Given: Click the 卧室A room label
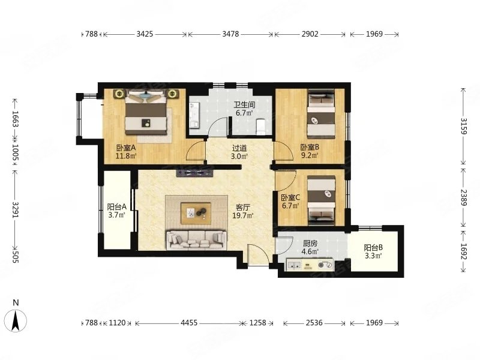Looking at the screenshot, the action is [126, 148].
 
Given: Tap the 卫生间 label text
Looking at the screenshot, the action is [244, 104].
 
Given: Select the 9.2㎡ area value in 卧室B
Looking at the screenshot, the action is [310, 155].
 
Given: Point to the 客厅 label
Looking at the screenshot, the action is [243, 207].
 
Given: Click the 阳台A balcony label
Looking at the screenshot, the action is [117, 206].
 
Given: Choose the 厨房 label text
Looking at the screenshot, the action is [310, 244].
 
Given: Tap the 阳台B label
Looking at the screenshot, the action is [373, 247].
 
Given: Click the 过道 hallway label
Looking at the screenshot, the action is [239, 148].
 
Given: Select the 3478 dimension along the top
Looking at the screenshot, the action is [230, 34].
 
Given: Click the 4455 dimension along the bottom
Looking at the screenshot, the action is [189, 323].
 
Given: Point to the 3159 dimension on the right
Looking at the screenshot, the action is [463, 126].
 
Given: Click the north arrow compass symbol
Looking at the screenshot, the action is [16, 320].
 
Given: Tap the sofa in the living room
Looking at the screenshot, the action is [196, 241].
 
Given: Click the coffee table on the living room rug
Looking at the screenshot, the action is [196, 212].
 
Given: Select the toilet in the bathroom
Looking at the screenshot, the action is [261, 127].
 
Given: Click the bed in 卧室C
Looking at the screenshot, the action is [321, 200].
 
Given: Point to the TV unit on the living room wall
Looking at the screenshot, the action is [194, 173].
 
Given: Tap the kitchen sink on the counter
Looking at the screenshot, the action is [295, 265].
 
